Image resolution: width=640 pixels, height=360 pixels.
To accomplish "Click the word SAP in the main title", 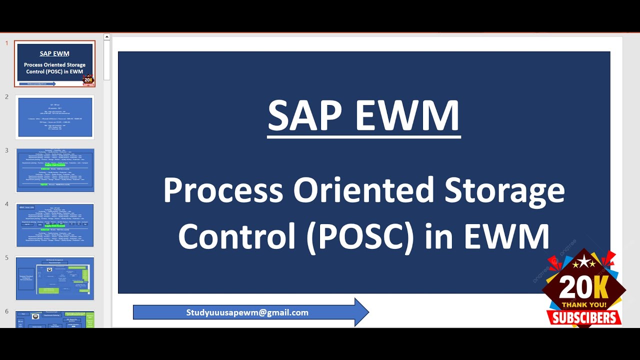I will (305, 116).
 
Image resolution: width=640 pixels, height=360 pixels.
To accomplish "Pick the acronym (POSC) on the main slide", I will (360, 236).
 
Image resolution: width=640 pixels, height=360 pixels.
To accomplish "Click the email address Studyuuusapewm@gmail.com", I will (247, 312).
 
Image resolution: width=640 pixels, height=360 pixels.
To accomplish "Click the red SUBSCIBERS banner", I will (584, 317).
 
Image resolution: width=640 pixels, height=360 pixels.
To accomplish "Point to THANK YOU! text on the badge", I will (583, 304).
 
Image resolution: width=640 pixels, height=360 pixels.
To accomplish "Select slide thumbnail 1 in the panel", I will (55, 63).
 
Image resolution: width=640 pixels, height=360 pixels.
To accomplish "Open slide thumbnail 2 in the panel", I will (55, 117).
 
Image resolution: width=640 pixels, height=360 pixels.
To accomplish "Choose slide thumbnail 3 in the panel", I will (55, 170).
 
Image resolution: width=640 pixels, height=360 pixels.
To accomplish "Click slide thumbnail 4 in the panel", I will (55, 224).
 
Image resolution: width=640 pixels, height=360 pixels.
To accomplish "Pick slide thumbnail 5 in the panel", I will (55, 278).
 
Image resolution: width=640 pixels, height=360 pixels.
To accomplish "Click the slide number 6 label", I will (7, 311).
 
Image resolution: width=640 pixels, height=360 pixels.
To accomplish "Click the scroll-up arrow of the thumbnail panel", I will (107, 37).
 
